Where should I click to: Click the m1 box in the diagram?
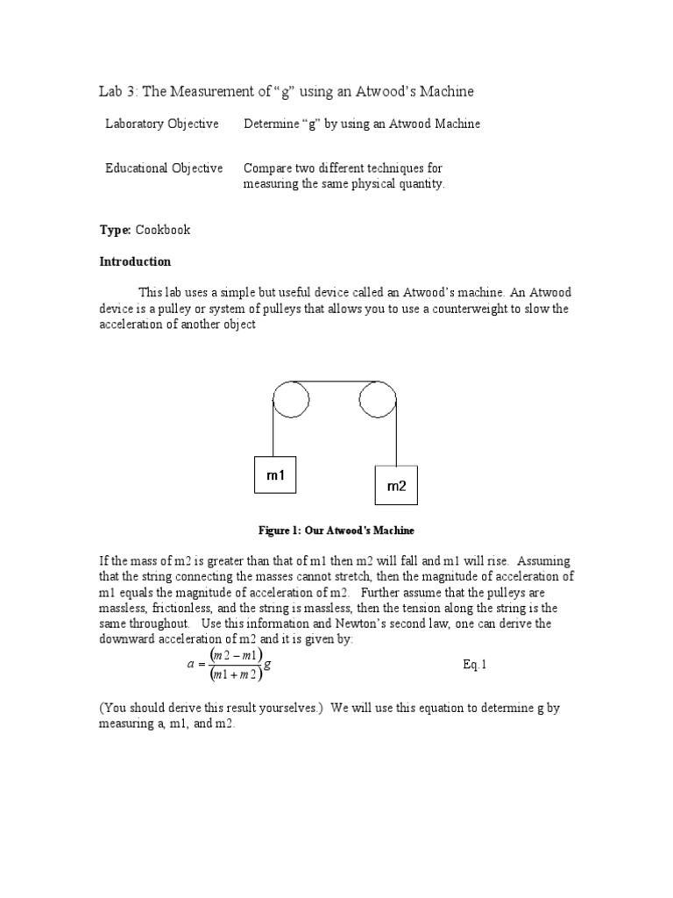[276, 476]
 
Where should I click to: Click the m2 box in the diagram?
[396, 486]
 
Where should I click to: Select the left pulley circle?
[291, 403]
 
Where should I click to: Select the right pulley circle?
[378, 403]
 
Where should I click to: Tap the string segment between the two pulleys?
[334, 383]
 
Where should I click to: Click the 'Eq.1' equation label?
[474, 664]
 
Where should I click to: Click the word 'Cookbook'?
[162, 230]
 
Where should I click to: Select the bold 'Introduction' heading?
[135, 261]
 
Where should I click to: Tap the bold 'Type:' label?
[115, 230]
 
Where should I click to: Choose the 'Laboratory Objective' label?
[162, 124]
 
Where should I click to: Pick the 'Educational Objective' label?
[164, 167]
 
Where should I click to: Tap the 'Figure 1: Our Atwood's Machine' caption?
[336, 531]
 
